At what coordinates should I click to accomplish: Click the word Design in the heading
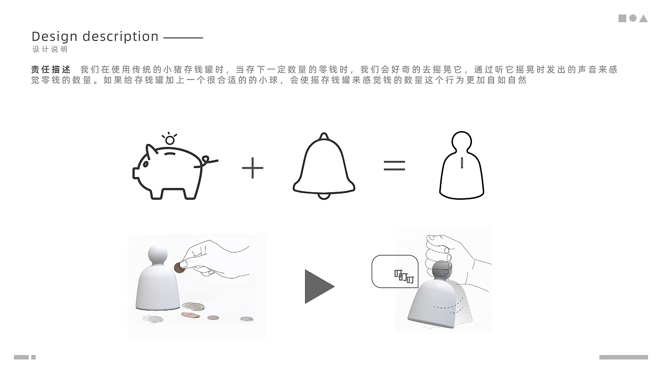pyautogui.click(x=55, y=37)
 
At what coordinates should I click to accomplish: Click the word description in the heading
pyautogui.click(x=121, y=37)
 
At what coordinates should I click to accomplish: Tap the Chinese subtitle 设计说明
pyautogui.click(x=50, y=49)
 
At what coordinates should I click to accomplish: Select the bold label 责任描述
pyautogui.click(x=51, y=70)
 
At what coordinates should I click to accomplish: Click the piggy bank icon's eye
pyautogui.click(x=146, y=164)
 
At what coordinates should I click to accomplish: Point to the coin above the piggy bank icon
pyautogui.click(x=170, y=140)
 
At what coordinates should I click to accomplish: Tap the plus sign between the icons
pyautogui.click(x=253, y=168)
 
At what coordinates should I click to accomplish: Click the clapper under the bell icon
pyautogui.click(x=324, y=196)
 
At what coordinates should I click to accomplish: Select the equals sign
pyautogui.click(x=394, y=165)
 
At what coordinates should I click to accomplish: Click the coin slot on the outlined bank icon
pyautogui.click(x=462, y=163)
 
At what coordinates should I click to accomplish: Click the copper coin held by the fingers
pyautogui.click(x=179, y=268)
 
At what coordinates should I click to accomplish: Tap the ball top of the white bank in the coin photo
pyautogui.click(x=157, y=254)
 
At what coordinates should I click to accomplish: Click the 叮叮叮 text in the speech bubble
pyautogui.click(x=404, y=276)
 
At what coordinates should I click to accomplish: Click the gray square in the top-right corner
pyautogui.click(x=622, y=18)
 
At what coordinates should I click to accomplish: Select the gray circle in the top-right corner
pyautogui.click(x=633, y=18)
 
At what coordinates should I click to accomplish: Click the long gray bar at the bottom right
pyautogui.click(x=623, y=357)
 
